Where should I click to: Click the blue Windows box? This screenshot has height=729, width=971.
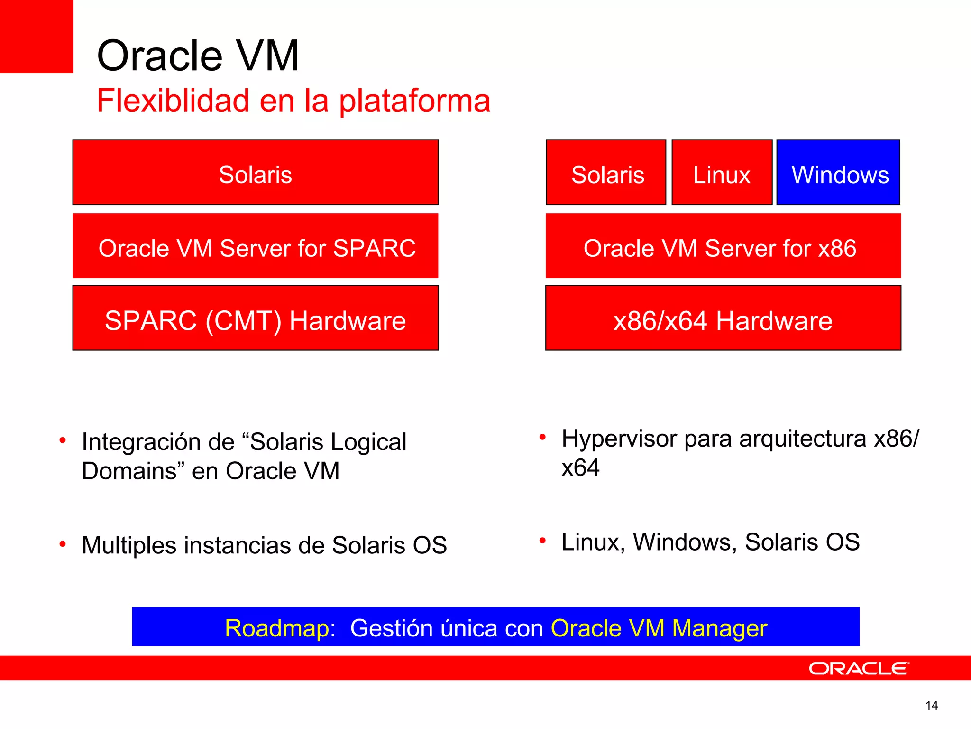(838, 173)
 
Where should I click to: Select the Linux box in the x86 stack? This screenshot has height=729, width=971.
(722, 173)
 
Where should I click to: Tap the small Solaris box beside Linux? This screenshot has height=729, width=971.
(606, 173)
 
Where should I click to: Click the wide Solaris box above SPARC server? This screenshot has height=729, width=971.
(255, 173)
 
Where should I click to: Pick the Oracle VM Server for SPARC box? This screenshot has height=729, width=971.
(255, 246)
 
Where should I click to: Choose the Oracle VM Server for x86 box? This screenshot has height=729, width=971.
(723, 246)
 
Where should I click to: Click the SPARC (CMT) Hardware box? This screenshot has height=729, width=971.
(255, 318)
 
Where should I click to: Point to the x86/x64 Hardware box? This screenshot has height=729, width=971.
(723, 318)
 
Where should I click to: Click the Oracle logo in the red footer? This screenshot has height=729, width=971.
(859, 669)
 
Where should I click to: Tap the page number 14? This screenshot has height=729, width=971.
(931, 706)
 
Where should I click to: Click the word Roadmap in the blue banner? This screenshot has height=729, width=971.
(280, 628)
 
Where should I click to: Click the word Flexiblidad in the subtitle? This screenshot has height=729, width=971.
(173, 101)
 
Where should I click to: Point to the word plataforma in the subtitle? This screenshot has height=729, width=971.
(415, 102)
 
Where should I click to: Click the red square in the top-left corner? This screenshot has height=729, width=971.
(37, 36)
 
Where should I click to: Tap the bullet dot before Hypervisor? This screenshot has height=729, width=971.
(543, 437)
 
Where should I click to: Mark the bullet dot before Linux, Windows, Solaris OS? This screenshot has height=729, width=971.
(543, 541)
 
